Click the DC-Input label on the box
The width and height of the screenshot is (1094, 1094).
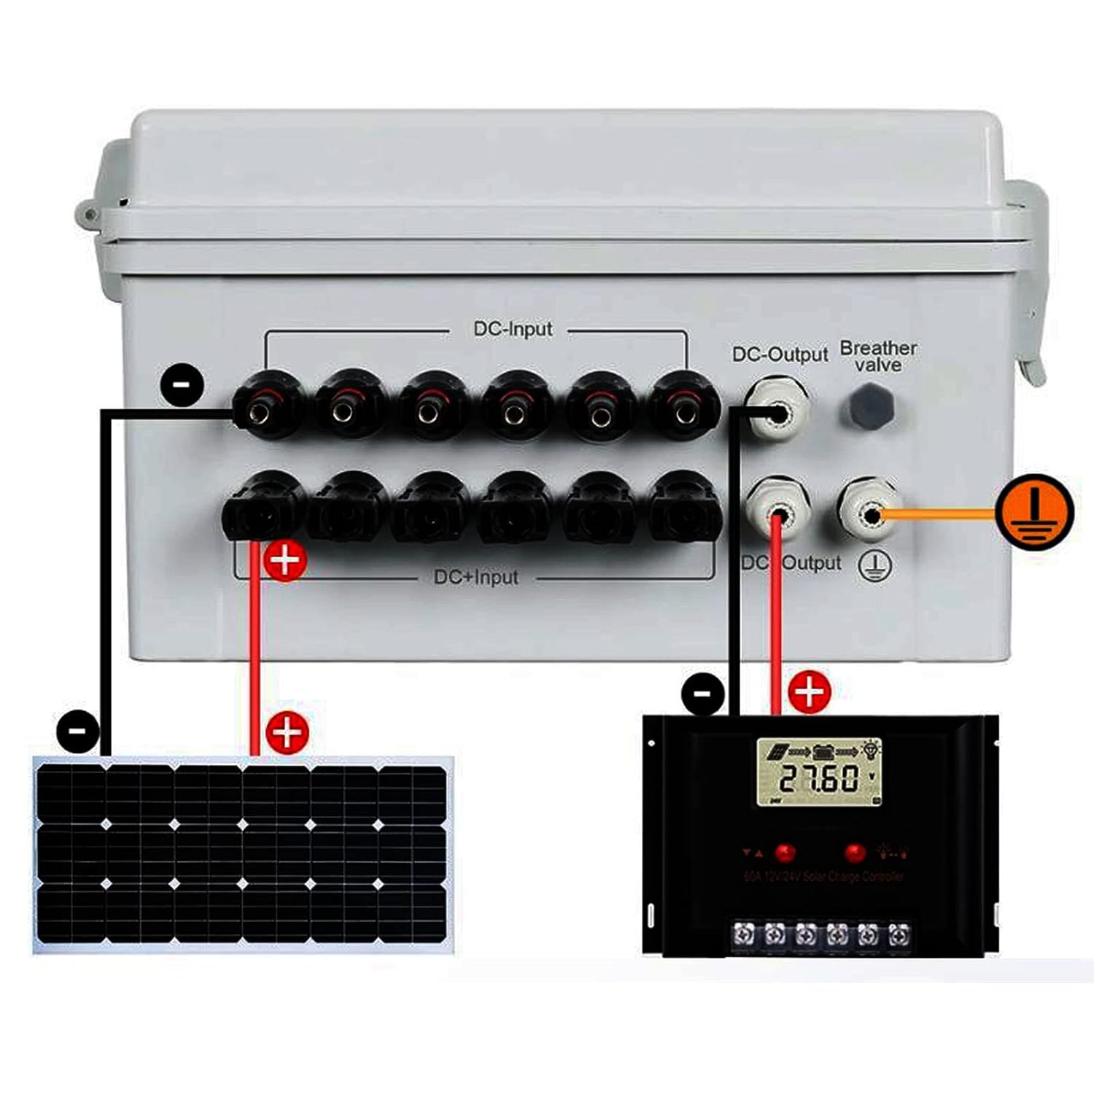pos(513,329)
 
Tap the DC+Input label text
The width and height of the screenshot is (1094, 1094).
pos(476,577)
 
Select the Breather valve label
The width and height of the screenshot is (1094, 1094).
pos(878,357)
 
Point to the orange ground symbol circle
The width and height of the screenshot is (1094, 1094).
pos(1034,511)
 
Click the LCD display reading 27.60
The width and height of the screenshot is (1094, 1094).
pos(818,772)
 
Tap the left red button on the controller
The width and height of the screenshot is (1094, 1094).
pos(785,852)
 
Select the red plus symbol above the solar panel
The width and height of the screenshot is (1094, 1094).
pos(287,732)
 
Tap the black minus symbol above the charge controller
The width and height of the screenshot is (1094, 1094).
pos(703,692)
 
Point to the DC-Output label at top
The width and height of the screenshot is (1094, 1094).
pos(780,354)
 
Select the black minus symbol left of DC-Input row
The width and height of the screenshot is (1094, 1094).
pos(182,384)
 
